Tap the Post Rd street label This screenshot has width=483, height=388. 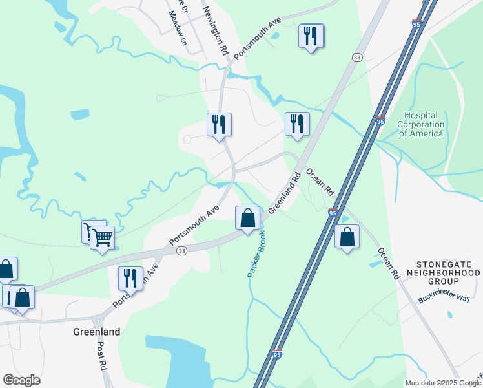pyautogui.click(x=101, y=355)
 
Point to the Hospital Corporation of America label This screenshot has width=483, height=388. pyautogui.click(x=420, y=124)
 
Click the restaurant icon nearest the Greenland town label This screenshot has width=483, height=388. pyautogui.click(x=130, y=279)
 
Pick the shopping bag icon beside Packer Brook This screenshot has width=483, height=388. pyautogui.click(x=247, y=218)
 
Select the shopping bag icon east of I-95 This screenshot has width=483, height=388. pyautogui.click(x=347, y=237)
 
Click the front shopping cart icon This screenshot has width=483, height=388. pyautogui.click(x=103, y=238)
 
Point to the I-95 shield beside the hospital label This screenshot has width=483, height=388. pyautogui.click(x=380, y=121)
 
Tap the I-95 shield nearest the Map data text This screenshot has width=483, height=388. pyautogui.click(x=277, y=355)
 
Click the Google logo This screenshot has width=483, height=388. pyautogui.click(x=21, y=380)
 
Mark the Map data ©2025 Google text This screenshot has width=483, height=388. pyautogui.click(x=443, y=383)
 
